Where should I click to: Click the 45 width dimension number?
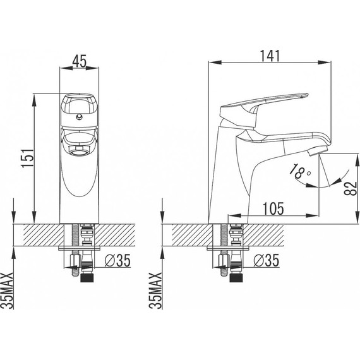point(79,61)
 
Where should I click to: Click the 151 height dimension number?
point(28,158)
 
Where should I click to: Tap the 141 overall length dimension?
point(270,56)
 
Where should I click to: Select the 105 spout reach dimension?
point(273,208)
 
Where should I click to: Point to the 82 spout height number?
point(351,188)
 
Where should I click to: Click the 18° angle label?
point(299,171)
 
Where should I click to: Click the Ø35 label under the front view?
point(117,260)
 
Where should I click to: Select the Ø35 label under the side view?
point(267,260)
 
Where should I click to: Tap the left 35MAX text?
point(7,291)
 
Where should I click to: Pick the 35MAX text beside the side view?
point(155,291)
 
